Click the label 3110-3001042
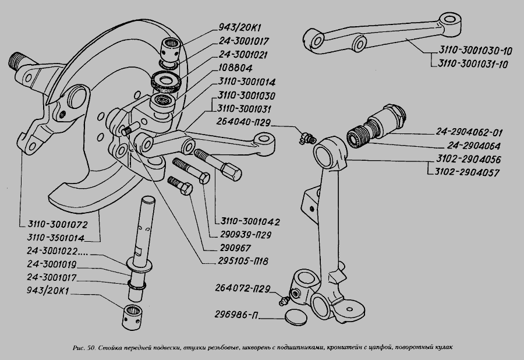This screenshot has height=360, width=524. (x=252, y=222)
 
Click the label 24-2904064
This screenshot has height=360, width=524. (x=468, y=145)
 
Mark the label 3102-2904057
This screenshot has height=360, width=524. (x=468, y=172)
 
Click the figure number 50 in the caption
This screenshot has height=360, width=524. (x=89, y=348)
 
